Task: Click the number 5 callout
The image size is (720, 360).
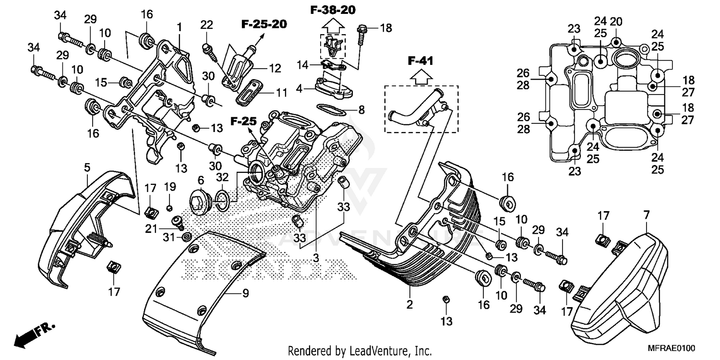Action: pos(87,168)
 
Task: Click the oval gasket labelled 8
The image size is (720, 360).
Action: pos(335,110)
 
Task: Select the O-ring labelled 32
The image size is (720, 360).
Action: pos(222,201)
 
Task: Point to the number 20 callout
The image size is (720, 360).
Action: pos(616,21)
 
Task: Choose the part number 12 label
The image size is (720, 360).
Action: pos(275,69)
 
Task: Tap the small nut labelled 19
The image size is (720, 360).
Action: pos(169,207)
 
